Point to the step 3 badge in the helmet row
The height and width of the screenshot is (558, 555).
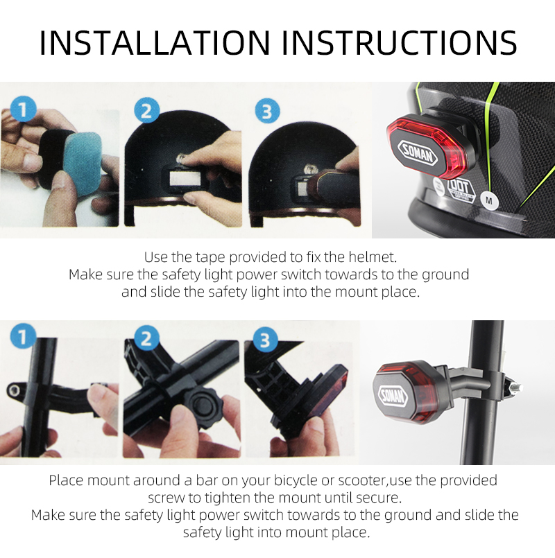267,110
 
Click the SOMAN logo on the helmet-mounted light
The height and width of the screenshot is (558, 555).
417,152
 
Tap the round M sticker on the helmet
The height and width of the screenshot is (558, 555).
490,200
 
